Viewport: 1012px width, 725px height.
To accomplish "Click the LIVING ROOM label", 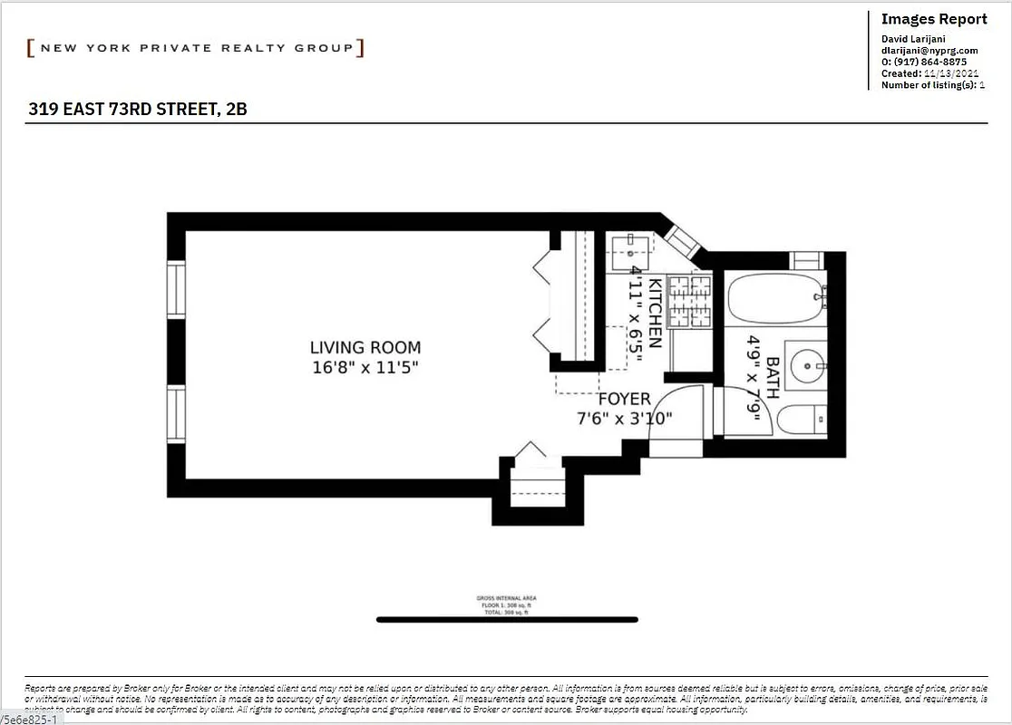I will [365, 347].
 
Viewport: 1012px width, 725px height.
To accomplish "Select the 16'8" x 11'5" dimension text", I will [365, 367].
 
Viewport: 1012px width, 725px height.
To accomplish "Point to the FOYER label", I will [624, 400].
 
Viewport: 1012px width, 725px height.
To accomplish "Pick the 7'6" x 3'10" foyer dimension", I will [625, 418].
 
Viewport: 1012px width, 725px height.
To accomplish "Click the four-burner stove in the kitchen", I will [690, 302].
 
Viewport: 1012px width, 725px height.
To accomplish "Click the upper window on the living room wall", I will [176, 289].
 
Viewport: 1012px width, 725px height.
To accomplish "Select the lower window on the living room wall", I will [176, 414].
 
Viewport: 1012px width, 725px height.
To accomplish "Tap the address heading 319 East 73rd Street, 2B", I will [137, 110].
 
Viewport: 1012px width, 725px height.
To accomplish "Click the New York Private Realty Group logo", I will [196, 48].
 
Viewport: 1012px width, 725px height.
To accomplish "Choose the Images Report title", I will [934, 19].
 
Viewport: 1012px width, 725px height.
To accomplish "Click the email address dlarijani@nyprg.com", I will [929, 51].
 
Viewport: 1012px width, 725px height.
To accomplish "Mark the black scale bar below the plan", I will [507, 620].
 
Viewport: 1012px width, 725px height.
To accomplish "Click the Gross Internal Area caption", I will [507, 599].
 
